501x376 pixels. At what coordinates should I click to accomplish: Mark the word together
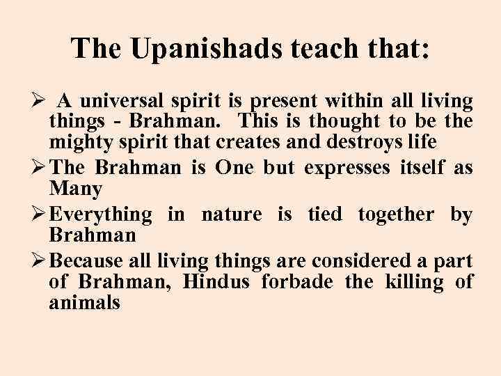(395, 215)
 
